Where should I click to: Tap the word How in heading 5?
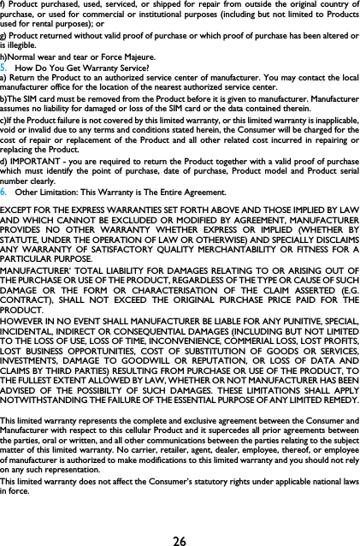click(x=27, y=68)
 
